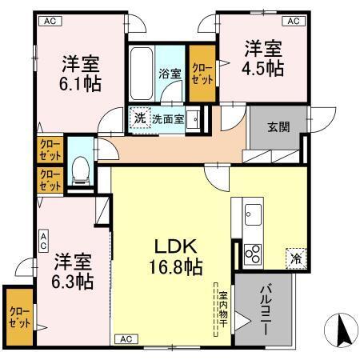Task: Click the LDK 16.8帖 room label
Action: click(x=172, y=255)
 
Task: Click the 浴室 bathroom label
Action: click(x=170, y=74)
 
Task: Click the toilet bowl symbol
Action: click(x=80, y=169)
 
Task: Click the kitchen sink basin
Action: click(x=253, y=214)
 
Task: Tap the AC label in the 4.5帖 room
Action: click(x=293, y=20)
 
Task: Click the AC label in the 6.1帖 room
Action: click(x=50, y=20)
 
